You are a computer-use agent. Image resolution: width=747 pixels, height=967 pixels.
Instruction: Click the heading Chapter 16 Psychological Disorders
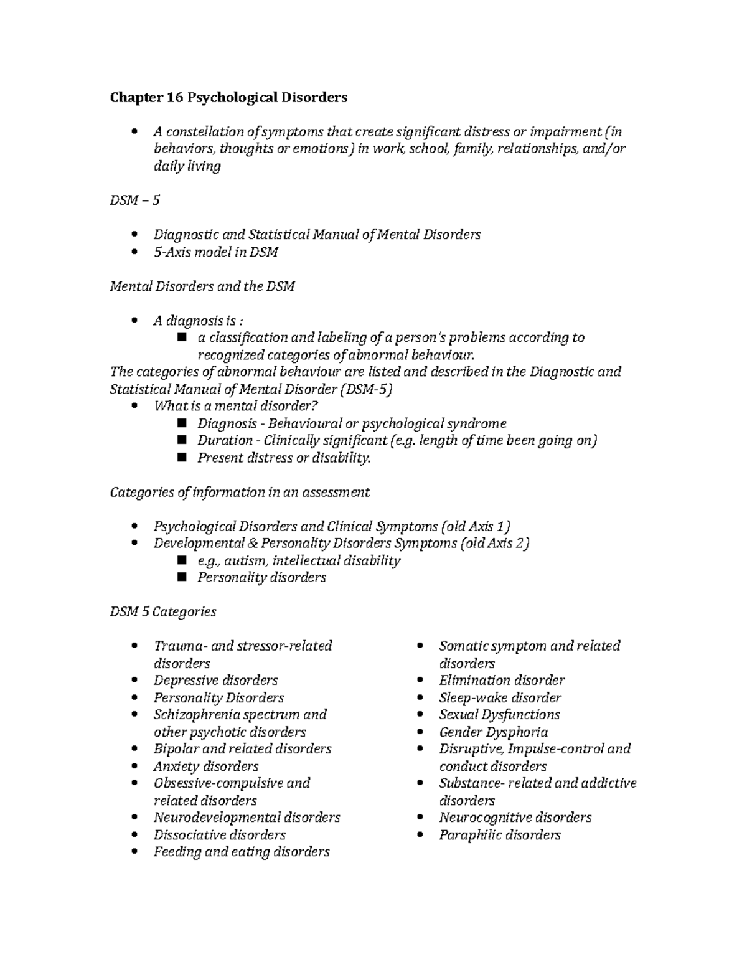click(x=228, y=98)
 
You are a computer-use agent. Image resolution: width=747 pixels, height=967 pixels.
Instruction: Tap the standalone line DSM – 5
click(x=134, y=200)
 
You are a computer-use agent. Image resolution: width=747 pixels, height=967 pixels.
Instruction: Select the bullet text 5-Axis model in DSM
click(x=215, y=252)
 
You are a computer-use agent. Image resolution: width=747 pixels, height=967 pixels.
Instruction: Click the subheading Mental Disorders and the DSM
click(x=202, y=286)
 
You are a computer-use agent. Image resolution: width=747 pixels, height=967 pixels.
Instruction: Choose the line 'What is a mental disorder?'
click(x=236, y=406)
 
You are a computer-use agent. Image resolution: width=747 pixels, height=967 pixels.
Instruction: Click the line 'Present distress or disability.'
click(x=284, y=458)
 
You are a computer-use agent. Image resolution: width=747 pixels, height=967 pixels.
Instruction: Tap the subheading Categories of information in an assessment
click(x=240, y=492)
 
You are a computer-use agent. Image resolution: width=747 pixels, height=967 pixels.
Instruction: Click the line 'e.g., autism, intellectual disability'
click(x=299, y=560)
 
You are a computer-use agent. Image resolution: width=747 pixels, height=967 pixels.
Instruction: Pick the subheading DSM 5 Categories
click(x=163, y=611)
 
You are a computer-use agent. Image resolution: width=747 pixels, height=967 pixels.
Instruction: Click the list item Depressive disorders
click(x=215, y=680)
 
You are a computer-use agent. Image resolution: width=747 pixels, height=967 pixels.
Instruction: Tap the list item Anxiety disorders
click(x=205, y=766)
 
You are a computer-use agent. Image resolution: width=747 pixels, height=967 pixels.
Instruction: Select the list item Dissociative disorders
click(x=219, y=834)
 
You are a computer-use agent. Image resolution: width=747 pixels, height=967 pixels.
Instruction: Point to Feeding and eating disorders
click(x=242, y=852)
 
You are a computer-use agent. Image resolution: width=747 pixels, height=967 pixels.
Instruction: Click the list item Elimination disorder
click(x=502, y=680)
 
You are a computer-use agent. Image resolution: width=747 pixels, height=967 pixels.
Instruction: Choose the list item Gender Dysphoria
click(x=493, y=732)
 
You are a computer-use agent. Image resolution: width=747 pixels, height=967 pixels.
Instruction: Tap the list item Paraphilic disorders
click(x=499, y=834)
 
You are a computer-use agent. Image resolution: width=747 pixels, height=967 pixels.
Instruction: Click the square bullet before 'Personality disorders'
click(x=182, y=577)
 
